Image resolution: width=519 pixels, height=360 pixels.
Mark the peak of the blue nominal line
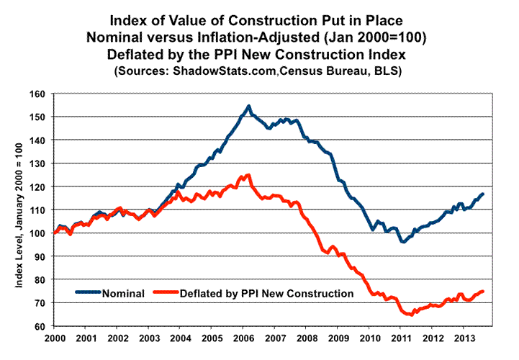coord(248,107)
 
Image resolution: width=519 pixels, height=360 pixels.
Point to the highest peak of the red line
coord(248,175)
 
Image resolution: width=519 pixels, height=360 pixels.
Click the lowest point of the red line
coord(409,315)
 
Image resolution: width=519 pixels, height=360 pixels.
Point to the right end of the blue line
coord(482,194)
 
